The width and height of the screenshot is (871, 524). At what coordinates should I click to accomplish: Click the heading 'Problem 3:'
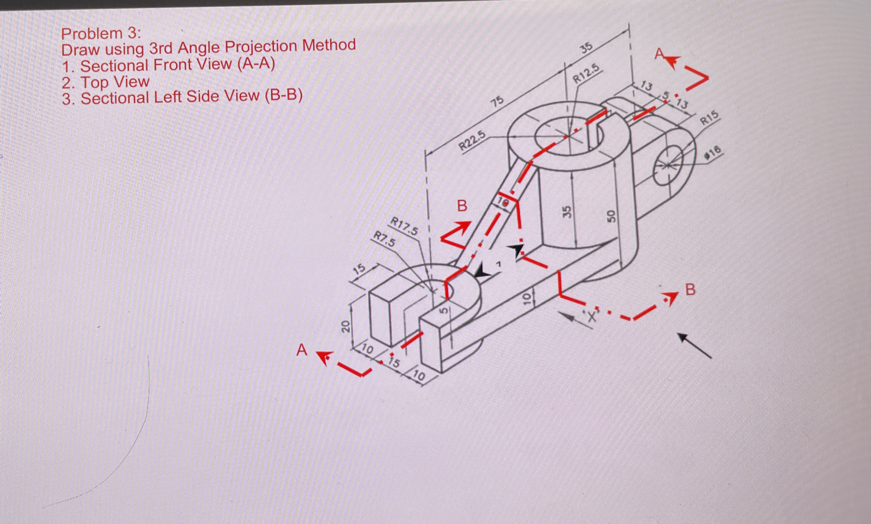[x=101, y=34]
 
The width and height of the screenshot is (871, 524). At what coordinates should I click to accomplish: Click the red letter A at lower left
[x=302, y=351]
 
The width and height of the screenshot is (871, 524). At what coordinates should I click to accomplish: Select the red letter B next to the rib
[x=462, y=206]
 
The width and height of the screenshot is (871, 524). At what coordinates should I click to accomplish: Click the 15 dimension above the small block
[x=359, y=270]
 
